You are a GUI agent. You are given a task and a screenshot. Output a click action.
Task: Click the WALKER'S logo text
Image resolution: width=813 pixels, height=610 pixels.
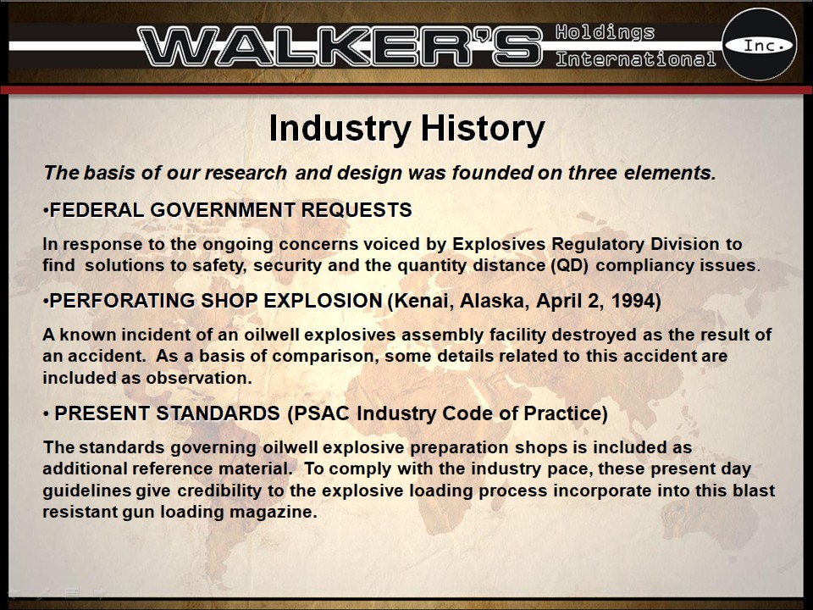(339, 45)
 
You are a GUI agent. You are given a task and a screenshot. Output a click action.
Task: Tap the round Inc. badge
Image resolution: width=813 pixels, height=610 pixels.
(759, 44)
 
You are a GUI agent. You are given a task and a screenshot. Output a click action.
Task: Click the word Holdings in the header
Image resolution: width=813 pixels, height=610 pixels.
(605, 32)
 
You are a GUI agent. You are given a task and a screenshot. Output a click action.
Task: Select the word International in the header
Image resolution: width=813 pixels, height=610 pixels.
(635, 59)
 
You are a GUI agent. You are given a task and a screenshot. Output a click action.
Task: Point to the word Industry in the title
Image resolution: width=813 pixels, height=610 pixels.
(337, 129)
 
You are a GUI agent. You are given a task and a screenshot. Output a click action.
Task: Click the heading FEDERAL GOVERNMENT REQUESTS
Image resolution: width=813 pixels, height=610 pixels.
(230, 210)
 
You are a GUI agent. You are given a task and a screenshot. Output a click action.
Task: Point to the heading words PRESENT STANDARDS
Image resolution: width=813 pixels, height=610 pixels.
(167, 414)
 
